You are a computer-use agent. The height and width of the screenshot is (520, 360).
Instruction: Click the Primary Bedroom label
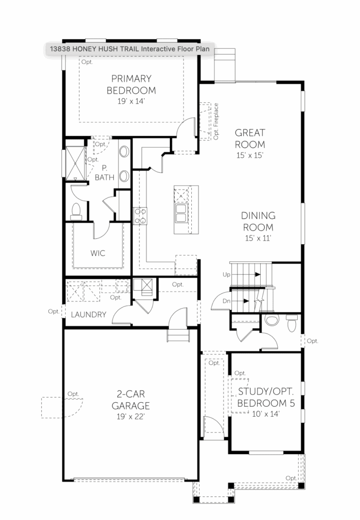pyautogui.click(x=131, y=84)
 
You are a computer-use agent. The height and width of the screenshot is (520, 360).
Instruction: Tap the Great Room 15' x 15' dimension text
pyautogui.click(x=249, y=155)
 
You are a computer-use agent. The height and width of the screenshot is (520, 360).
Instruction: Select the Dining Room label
pyautogui.click(x=258, y=222)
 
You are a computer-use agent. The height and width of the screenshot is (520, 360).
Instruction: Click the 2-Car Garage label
pyautogui.click(x=131, y=400)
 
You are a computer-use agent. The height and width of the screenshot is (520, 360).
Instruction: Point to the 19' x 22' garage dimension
pyautogui.click(x=131, y=417)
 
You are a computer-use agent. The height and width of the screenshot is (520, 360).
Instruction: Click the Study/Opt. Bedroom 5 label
pyautogui.click(x=266, y=397)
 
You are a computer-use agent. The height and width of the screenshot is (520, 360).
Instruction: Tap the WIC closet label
pyautogui.click(x=98, y=254)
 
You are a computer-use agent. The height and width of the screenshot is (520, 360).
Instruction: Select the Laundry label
pyautogui.click(x=88, y=314)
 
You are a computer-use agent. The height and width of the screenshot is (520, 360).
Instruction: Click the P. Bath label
pyautogui.click(x=104, y=173)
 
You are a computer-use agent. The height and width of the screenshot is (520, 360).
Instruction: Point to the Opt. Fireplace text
pyautogui.click(x=216, y=121)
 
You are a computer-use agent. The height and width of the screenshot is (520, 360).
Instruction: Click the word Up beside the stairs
pyautogui.click(x=226, y=275)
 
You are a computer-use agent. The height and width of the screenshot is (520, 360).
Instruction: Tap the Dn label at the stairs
pyautogui.click(x=226, y=301)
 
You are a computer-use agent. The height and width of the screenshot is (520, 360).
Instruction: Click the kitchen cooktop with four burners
pyautogui.click(x=140, y=216)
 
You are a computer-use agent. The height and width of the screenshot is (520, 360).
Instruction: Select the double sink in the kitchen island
pyautogui.click(x=181, y=213)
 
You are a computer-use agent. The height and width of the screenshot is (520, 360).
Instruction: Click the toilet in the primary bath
pyautogui.click(x=76, y=211)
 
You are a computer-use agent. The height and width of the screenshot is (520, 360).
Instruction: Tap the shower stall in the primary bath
pyautogui.click(x=75, y=164)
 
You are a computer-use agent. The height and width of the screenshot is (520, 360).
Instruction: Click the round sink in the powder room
pyautogui.click(x=272, y=320)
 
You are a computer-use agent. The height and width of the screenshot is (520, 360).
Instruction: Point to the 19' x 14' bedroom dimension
pyautogui.click(x=131, y=101)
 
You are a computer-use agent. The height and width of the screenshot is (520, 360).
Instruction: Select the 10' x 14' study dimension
pyautogui.click(x=266, y=414)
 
